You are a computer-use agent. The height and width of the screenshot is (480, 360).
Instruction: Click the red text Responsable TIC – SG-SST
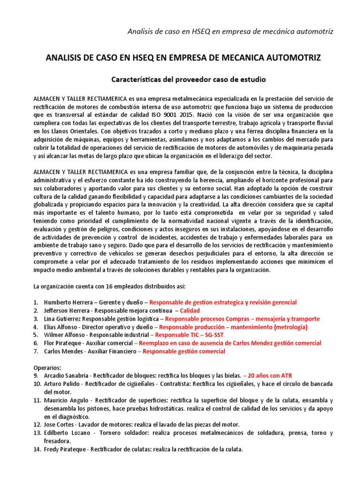click(186, 335)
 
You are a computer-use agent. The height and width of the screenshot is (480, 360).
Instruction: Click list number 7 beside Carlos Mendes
click(36, 352)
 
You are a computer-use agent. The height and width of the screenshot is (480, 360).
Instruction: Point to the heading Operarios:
click(48, 367)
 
